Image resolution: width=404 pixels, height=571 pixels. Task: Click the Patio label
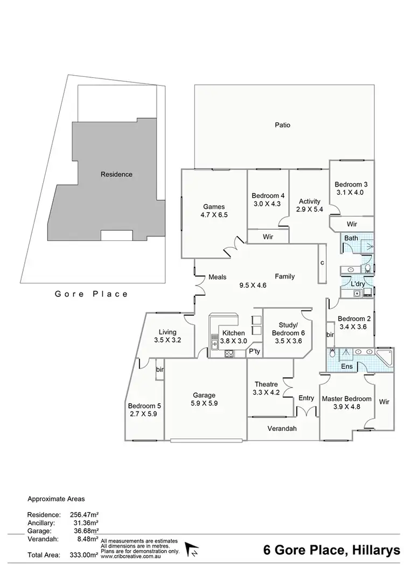tap(282, 125)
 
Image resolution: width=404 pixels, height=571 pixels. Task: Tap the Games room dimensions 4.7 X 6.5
tap(213, 216)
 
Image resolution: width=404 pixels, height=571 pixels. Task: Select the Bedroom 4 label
tap(268, 196)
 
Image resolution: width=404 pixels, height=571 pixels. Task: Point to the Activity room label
tap(310, 202)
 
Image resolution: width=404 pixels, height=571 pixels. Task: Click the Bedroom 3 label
tap(351, 184)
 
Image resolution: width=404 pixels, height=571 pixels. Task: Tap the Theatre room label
tap(266, 384)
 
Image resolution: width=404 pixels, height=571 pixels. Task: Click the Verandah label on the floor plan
tap(282, 429)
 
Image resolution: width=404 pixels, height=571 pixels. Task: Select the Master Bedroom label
tap(346, 399)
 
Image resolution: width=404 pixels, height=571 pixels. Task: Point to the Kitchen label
tap(233, 333)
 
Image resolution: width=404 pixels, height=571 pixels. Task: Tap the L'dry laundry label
tap(358, 283)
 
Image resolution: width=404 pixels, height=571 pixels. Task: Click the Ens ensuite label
tap(348, 366)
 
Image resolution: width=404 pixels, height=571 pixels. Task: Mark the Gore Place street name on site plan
tap(92, 294)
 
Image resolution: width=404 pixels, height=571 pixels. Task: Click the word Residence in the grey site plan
tap(116, 174)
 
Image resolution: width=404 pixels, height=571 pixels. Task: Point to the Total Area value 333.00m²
tap(84, 553)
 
